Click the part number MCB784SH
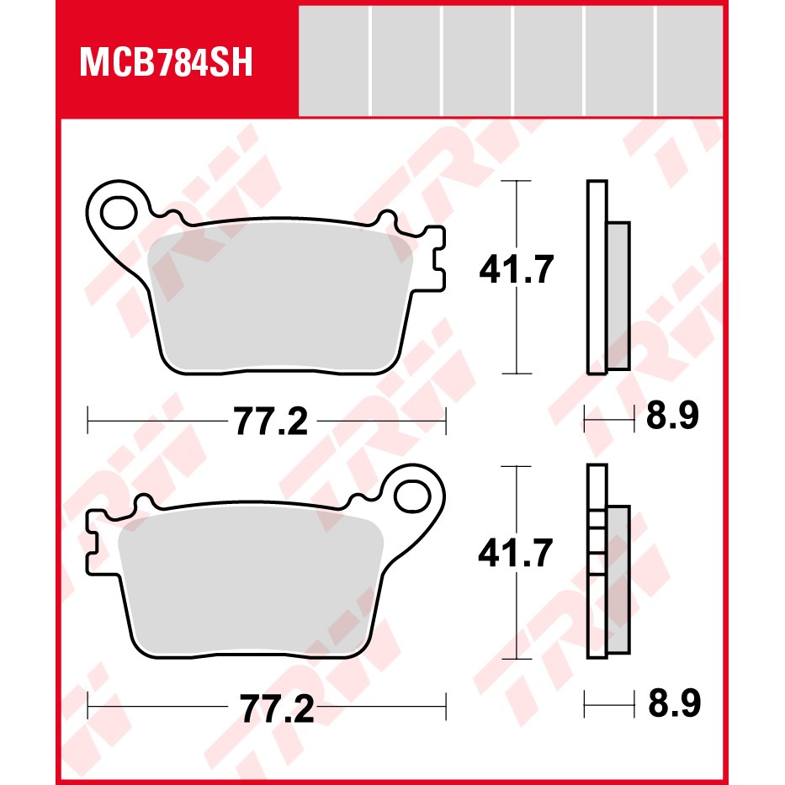pyautogui.click(x=166, y=62)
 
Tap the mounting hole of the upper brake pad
pyautogui.click(x=119, y=213)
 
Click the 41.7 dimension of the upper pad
pyautogui.click(x=516, y=269)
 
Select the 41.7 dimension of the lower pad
pyautogui.click(x=515, y=553)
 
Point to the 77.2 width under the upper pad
pyautogui.click(x=271, y=421)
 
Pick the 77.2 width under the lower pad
pyautogui.click(x=277, y=708)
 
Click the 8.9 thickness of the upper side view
pyautogui.click(x=672, y=416)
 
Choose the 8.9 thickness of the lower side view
pyautogui.click(x=674, y=703)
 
